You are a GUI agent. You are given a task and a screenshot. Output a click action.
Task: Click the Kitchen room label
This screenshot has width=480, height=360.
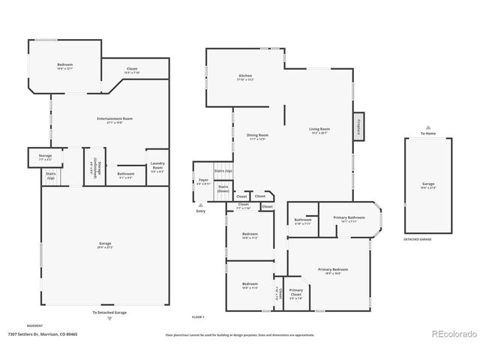[245, 77]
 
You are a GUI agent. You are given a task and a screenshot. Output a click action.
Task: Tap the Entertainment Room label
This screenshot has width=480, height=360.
[115, 120]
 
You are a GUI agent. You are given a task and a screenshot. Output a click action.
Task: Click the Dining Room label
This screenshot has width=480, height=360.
[257, 136]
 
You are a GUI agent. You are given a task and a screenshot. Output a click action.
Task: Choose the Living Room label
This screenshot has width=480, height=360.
[319, 130]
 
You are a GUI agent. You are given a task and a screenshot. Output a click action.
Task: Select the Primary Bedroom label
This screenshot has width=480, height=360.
[333, 271]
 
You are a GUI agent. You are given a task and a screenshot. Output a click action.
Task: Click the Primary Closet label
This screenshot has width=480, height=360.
[296, 292]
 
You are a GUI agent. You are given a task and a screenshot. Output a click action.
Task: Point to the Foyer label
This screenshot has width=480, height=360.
[203, 181]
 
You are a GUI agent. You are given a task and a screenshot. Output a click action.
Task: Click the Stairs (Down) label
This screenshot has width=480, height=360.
[223, 189]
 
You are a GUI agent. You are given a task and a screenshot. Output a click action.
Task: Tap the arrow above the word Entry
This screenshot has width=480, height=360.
[200, 205]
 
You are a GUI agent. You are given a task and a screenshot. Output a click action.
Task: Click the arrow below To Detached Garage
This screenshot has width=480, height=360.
[109, 319]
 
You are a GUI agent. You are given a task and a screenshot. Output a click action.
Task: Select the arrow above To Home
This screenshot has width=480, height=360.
[428, 127]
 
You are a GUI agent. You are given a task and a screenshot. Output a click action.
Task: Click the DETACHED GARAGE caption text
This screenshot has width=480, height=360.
[418, 239]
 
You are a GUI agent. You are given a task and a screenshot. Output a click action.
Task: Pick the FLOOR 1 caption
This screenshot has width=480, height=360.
[198, 318]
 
